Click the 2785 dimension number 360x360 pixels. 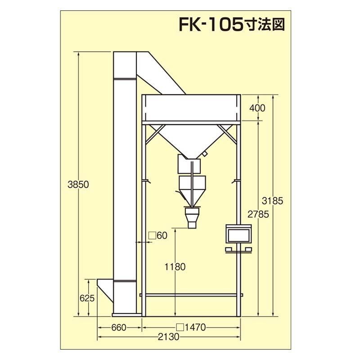coord(257,214)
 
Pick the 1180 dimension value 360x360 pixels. coord(175,267)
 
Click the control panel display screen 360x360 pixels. coord(239,234)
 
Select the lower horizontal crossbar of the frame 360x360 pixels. coord(191,295)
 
